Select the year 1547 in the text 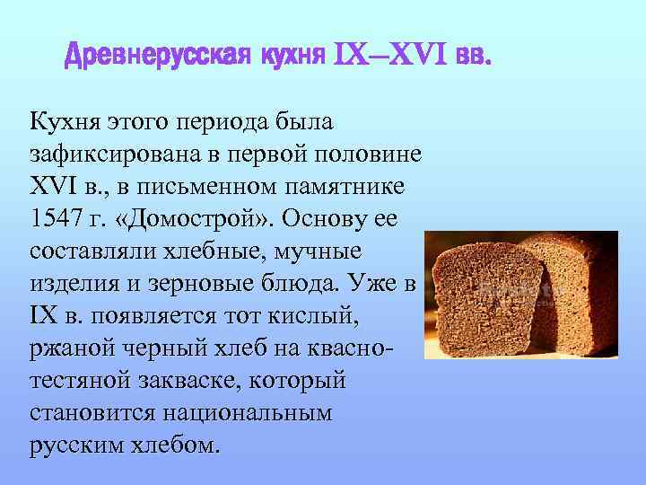tap(53, 221)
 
